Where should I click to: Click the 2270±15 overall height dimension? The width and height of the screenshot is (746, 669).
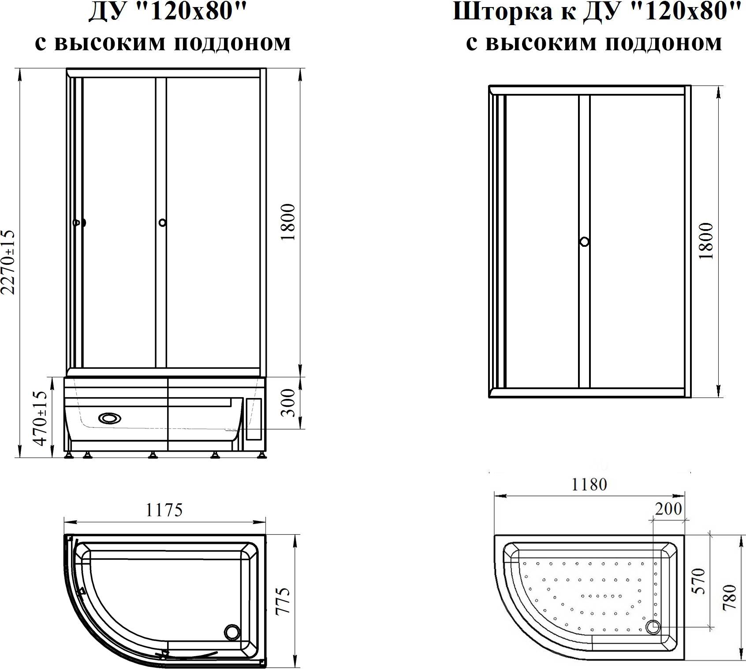point(9,262)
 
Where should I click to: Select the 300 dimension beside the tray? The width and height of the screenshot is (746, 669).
point(287,402)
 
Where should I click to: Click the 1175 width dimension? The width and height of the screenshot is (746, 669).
point(164,510)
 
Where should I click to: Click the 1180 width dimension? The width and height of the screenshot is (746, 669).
point(589,484)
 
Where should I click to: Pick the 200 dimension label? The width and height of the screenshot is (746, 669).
point(668,509)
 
